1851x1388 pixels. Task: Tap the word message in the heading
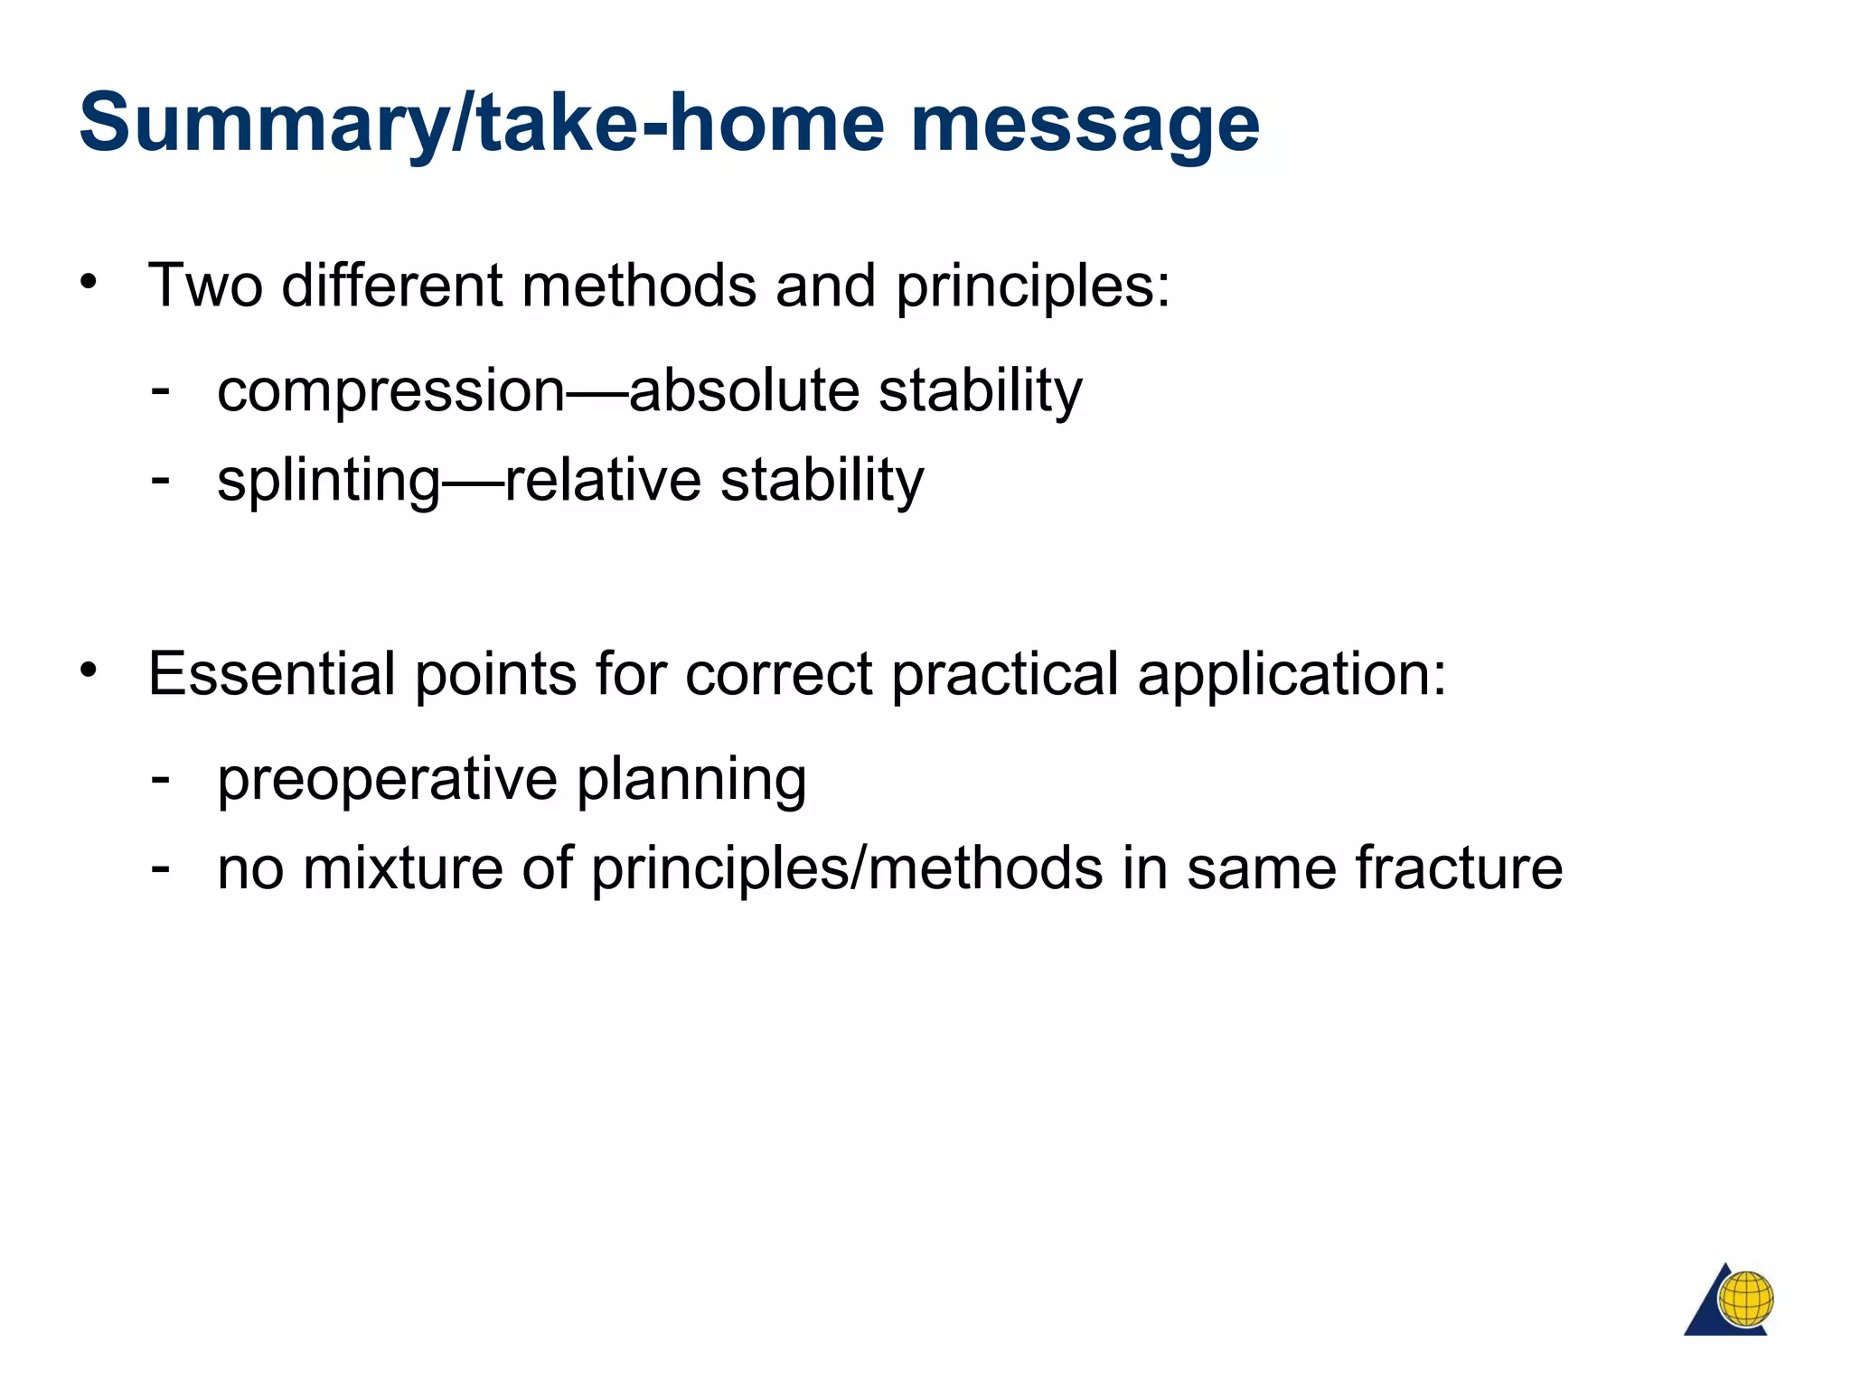[x=1085, y=125]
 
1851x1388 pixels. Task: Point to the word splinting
[x=328, y=480]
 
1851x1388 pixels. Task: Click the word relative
[x=602, y=480]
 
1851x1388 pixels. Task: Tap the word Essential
[x=271, y=674]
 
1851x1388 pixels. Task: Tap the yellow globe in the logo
[x=1745, y=1299]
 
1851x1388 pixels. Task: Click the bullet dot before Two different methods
[x=88, y=282]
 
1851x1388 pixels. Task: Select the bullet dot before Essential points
[x=88, y=671]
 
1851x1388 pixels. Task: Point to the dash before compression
[x=161, y=390]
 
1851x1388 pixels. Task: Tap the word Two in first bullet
[x=205, y=286]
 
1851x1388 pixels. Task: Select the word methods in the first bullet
[x=638, y=286]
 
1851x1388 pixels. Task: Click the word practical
[x=1005, y=674]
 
